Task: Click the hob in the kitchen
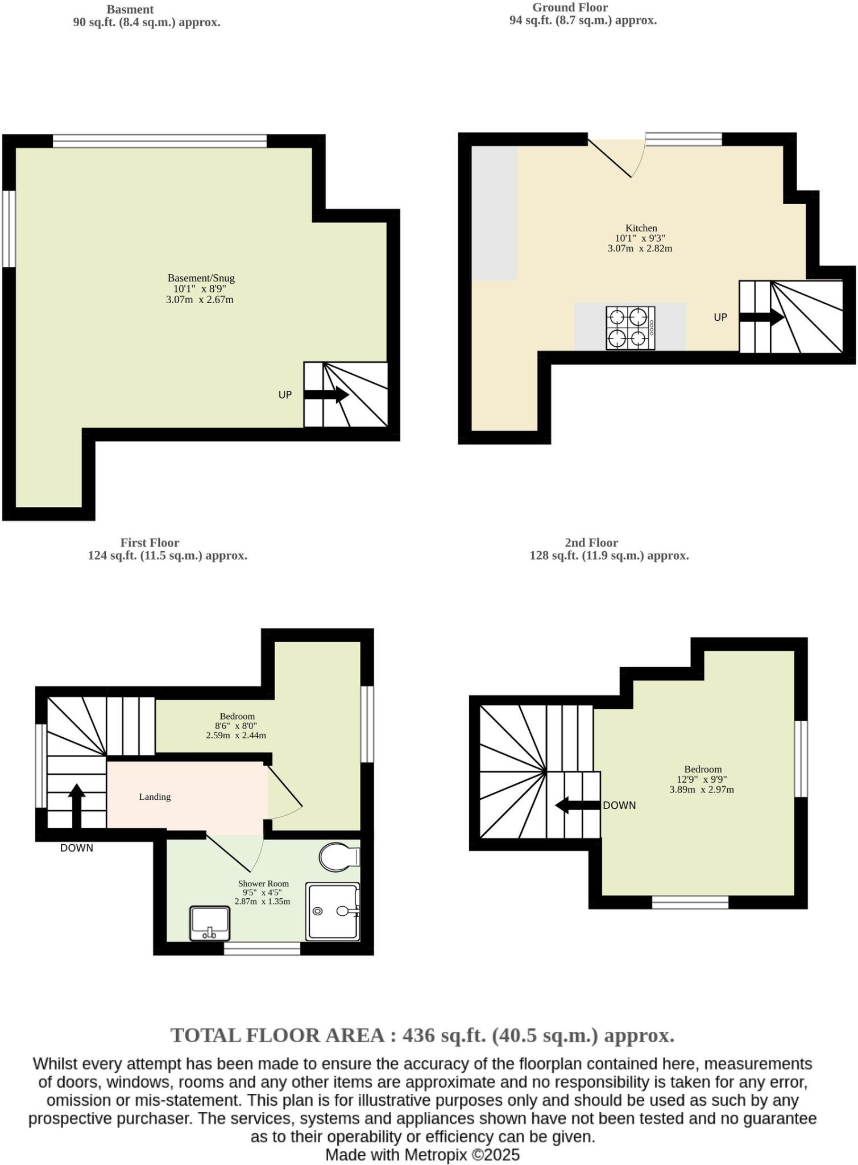[x=630, y=328]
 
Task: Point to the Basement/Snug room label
[x=201, y=278]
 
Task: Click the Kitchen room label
[x=641, y=228]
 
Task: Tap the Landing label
[x=155, y=797]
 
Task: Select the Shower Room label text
[x=263, y=883]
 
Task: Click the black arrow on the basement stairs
[x=326, y=394]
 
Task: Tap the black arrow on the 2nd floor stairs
[x=577, y=805]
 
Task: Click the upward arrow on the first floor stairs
[x=77, y=805]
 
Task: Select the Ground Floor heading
[x=570, y=7]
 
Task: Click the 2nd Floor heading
[x=591, y=543]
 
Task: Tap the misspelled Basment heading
[x=130, y=10]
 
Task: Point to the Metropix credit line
[x=422, y=1155]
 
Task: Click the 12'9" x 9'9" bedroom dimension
[x=702, y=779]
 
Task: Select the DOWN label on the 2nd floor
[x=619, y=805]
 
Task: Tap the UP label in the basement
[x=285, y=395]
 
